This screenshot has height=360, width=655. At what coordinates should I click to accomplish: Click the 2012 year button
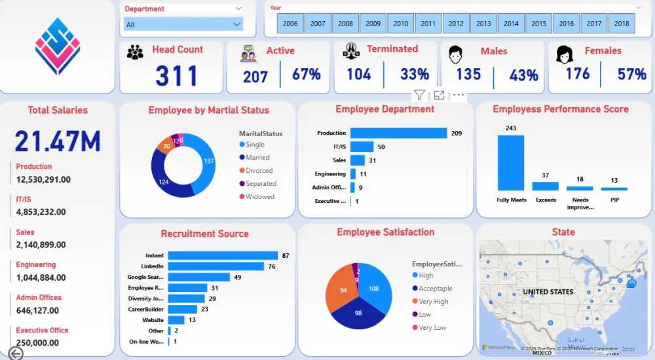(x=456, y=24)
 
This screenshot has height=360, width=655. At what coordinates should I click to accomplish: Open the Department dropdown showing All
(x=183, y=24)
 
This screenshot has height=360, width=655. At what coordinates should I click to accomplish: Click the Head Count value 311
(x=176, y=76)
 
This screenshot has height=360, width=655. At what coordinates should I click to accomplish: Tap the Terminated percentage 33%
(x=414, y=75)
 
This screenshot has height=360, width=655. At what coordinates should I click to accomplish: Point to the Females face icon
(x=564, y=54)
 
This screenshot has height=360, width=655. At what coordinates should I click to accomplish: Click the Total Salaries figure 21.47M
(x=58, y=141)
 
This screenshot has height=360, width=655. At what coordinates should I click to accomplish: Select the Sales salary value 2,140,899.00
(x=41, y=245)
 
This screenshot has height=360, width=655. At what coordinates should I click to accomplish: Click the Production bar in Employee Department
(x=398, y=133)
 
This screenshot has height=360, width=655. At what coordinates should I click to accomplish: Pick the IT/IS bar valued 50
(x=362, y=147)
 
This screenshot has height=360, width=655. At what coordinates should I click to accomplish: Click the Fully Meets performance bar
(x=511, y=162)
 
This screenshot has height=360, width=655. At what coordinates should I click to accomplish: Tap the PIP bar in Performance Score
(x=614, y=189)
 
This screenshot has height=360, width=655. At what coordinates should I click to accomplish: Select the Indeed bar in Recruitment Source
(x=223, y=255)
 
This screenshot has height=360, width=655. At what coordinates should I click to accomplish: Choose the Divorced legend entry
(x=259, y=170)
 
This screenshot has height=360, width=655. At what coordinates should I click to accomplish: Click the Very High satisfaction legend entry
(x=434, y=301)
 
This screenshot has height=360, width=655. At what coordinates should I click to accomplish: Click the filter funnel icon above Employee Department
(x=419, y=96)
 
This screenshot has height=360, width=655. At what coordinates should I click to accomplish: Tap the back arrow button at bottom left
(x=15, y=353)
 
